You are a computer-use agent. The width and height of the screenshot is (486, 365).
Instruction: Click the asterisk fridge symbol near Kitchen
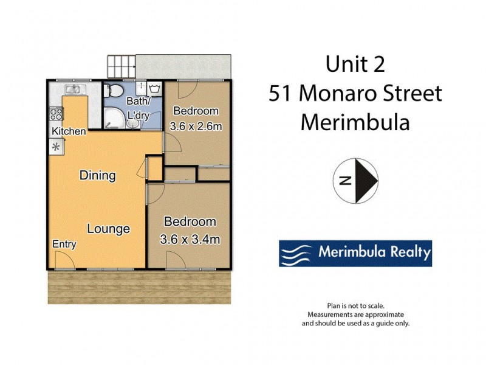click(56, 147)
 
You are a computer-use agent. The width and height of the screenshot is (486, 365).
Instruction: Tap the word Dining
click(98, 176)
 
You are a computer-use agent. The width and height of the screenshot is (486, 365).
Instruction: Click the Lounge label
click(108, 229)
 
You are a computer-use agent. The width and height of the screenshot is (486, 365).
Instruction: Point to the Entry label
click(64, 244)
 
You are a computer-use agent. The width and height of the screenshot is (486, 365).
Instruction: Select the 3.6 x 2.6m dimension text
click(196, 127)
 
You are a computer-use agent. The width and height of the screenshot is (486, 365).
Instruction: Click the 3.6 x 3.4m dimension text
click(190, 239)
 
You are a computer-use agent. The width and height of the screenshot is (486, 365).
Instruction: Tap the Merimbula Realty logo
click(355, 252)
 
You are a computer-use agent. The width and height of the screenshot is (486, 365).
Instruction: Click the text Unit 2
click(355, 64)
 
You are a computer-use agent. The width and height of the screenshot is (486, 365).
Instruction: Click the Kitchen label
click(68, 131)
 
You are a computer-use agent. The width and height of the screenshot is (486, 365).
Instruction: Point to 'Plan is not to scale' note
click(355, 306)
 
